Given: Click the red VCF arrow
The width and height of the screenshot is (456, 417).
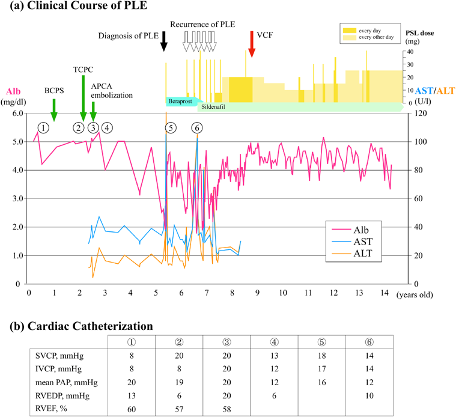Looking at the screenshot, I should click(252, 45).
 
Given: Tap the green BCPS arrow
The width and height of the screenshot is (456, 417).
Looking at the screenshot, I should click(54, 108).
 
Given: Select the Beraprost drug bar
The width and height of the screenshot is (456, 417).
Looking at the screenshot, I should click(182, 100).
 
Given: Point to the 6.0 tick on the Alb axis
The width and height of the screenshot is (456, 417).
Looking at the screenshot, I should click(17, 113).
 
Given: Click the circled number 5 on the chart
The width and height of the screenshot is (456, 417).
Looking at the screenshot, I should click(172, 127).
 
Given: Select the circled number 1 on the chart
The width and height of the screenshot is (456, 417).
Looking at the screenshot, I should click(43, 127).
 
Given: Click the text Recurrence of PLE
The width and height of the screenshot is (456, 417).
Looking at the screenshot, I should click(202, 24).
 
